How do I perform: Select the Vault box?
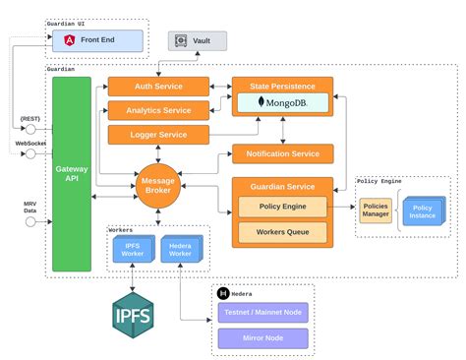coord(197,40)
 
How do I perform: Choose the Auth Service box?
coord(158,87)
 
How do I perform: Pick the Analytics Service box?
coord(158,110)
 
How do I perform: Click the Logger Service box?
coord(158,134)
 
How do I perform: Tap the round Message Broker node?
coord(158,185)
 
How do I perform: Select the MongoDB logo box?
coord(282,102)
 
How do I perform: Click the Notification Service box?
coord(282,153)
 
